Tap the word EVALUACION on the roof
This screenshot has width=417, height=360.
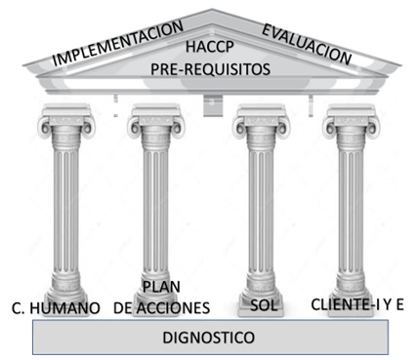306,43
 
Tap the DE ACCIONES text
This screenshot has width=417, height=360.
161,307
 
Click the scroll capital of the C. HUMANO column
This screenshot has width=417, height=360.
63,127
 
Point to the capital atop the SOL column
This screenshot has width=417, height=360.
259,127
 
